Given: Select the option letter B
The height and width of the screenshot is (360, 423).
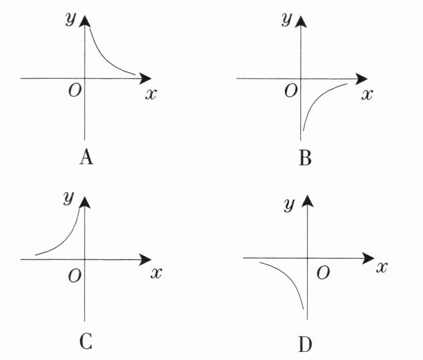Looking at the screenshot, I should tap(305, 158).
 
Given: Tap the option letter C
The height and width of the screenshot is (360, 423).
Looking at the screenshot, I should tap(85, 341).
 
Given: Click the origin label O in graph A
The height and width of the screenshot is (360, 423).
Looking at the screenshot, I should tap(75, 91).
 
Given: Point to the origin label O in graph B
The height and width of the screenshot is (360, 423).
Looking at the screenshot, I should tap(290, 91).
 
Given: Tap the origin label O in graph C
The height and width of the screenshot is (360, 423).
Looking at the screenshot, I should tap(75, 273).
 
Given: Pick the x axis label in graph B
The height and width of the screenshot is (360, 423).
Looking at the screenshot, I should tap(366, 94).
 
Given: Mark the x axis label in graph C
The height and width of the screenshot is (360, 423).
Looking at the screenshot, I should tap(156, 273).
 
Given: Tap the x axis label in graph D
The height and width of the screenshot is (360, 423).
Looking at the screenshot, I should tap(382, 267).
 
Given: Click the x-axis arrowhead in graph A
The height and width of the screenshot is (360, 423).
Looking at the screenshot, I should tap(146, 78).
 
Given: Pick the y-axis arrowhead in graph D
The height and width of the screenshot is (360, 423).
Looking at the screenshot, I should tap(307, 200).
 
